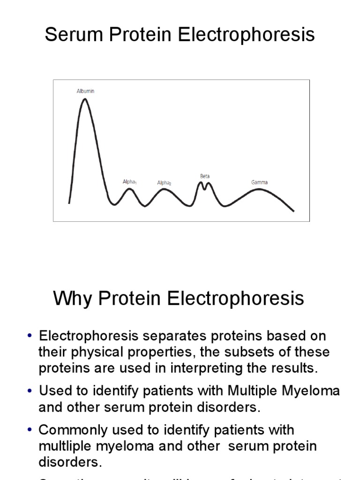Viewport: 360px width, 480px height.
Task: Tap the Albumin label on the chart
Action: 85,91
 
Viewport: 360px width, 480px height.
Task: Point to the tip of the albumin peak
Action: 84,99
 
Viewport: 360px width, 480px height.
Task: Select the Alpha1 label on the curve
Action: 129,181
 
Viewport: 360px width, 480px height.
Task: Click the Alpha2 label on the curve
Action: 164,183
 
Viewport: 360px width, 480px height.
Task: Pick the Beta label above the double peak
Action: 205,176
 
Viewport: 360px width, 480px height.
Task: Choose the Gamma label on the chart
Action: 259,182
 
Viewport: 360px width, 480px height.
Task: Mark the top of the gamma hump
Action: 259,189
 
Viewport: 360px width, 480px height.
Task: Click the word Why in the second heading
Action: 71,299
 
